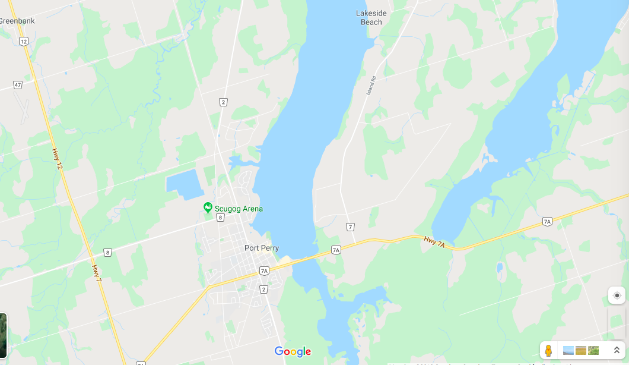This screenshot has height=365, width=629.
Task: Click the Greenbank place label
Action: pyautogui.click(x=17, y=21)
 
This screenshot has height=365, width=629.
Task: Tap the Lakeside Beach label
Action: pyautogui.click(x=371, y=17)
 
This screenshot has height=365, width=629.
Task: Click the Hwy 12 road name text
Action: pyautogui.click(x=58, y=158)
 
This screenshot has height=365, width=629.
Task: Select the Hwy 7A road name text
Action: pyautogui.click(x=434, y=241)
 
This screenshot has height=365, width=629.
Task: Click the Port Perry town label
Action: pyautogui.click(x=262, y=248)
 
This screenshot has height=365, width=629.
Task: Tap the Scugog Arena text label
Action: pyautogui.click(x=239, y=209)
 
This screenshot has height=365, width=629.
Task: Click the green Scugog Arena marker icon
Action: pyautogui.click(x=208, y=207)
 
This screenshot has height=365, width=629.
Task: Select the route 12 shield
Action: pyautogui.click(x=23, y=41)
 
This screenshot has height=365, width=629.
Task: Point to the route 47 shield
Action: pyautogui.click(x=18, y=85)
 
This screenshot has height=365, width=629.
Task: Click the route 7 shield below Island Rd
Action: pyautogui.click(x=351, y=226)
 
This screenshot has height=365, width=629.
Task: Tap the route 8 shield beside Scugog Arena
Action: pyautogui.click(x=221, y=218)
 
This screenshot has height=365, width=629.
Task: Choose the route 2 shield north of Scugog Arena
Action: pyautogui.click(x=223, y=102)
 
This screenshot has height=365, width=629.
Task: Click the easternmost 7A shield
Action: pyautogui.click(x=547, y=221)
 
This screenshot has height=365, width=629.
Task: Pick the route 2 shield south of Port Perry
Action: pyautogui.click(x=264, y=289)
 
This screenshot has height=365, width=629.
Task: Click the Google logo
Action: pyautogui.click(x=293, y=351)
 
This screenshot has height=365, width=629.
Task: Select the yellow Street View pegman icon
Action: pyautogui.click(x=548, y=350)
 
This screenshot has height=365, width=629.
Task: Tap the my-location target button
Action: pyautogui.click(x=617, y=295)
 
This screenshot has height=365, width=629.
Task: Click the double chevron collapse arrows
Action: pyautogui.click(x=617, y=350)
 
